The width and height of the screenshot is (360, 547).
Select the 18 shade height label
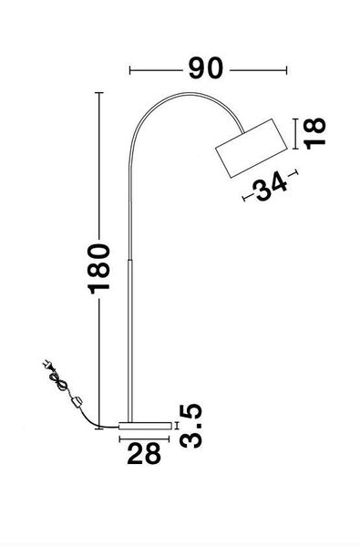(314, 133)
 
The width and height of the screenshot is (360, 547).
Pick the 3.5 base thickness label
(192, 428)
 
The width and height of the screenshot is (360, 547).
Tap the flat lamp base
(144, 426)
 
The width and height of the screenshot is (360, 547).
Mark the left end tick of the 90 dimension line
(131, 69)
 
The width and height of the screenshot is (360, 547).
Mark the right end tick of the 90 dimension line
(284, 69)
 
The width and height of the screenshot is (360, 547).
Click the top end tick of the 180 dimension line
(99, 93)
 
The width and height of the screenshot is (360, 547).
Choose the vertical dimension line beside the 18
(293, 134)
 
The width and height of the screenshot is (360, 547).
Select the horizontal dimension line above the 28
(145, 438)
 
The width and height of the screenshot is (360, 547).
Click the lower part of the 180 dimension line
(99, 365)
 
